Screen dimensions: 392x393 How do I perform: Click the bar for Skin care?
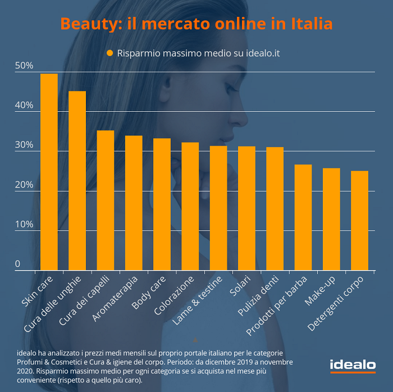point(49,172)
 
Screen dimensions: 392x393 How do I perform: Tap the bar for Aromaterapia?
point(134,203)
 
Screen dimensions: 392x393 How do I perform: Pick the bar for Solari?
point(246,208)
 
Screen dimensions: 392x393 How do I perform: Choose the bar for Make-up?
point(331,219)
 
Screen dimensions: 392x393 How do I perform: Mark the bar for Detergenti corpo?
point(359,221)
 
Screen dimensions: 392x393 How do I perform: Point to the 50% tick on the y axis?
point(24,66)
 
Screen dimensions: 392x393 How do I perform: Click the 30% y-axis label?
point(24,145)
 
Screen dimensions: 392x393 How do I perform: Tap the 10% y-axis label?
point(24,225)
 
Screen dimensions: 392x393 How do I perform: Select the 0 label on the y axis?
point(17,264)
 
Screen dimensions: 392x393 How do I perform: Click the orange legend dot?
point(110,53)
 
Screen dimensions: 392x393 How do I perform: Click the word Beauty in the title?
point(84,24)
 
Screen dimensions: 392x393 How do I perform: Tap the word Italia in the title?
point(311,24)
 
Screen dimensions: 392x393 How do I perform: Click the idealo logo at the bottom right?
point(353,365)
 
